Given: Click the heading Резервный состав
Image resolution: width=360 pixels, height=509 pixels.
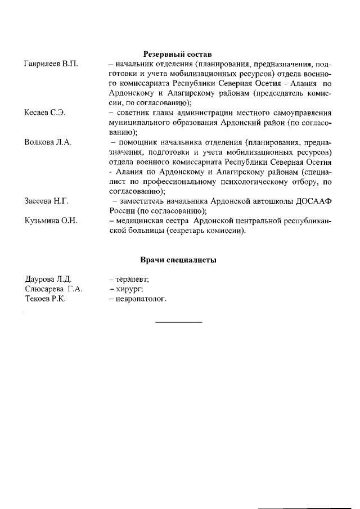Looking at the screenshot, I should click(177, 55).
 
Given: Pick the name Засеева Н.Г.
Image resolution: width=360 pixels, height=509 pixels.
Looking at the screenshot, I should click(47, 201).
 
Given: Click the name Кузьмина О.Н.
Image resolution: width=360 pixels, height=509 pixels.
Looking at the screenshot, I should click(51, 220).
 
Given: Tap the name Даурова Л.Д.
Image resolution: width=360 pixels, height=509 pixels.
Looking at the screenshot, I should click(48, 279).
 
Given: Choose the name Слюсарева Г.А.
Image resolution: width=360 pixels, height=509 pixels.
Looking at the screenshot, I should click(54, 289).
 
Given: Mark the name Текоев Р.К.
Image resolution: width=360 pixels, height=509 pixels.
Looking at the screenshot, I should click(46, 299).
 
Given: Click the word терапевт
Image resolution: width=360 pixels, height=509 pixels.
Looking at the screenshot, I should click(131, 279).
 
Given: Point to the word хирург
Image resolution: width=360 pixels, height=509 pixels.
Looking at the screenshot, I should click(129, 289).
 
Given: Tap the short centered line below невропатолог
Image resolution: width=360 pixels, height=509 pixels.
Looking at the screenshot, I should click(178, 322).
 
